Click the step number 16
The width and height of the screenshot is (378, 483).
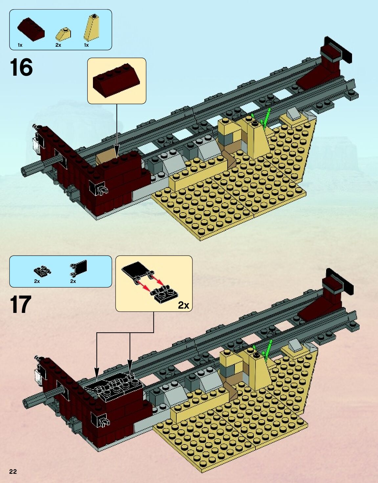21,67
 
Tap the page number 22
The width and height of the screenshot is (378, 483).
13,471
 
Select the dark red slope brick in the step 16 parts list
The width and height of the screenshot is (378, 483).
31,29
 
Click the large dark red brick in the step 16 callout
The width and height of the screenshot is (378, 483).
117,80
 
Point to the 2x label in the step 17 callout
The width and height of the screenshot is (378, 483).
184,305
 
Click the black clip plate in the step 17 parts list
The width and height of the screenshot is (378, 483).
42,271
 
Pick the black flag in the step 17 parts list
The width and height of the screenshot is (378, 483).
79,267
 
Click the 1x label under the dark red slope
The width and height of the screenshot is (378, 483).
20,45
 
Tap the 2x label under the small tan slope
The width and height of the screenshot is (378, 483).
58,45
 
